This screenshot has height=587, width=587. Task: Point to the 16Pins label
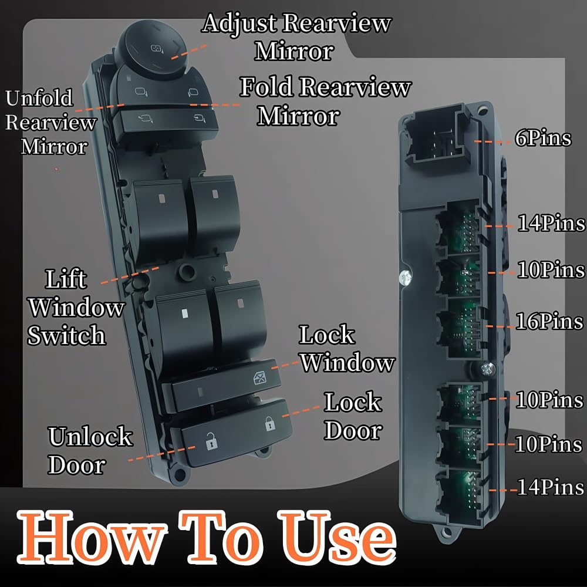point(549,322)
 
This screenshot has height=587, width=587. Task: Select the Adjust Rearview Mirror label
point(297,36)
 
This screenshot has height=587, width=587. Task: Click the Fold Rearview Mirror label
point(324,101)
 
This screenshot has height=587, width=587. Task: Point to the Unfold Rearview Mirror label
point(49,122)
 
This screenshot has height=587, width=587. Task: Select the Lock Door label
point(353,417)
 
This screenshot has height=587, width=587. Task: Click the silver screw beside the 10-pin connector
point(404,277)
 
